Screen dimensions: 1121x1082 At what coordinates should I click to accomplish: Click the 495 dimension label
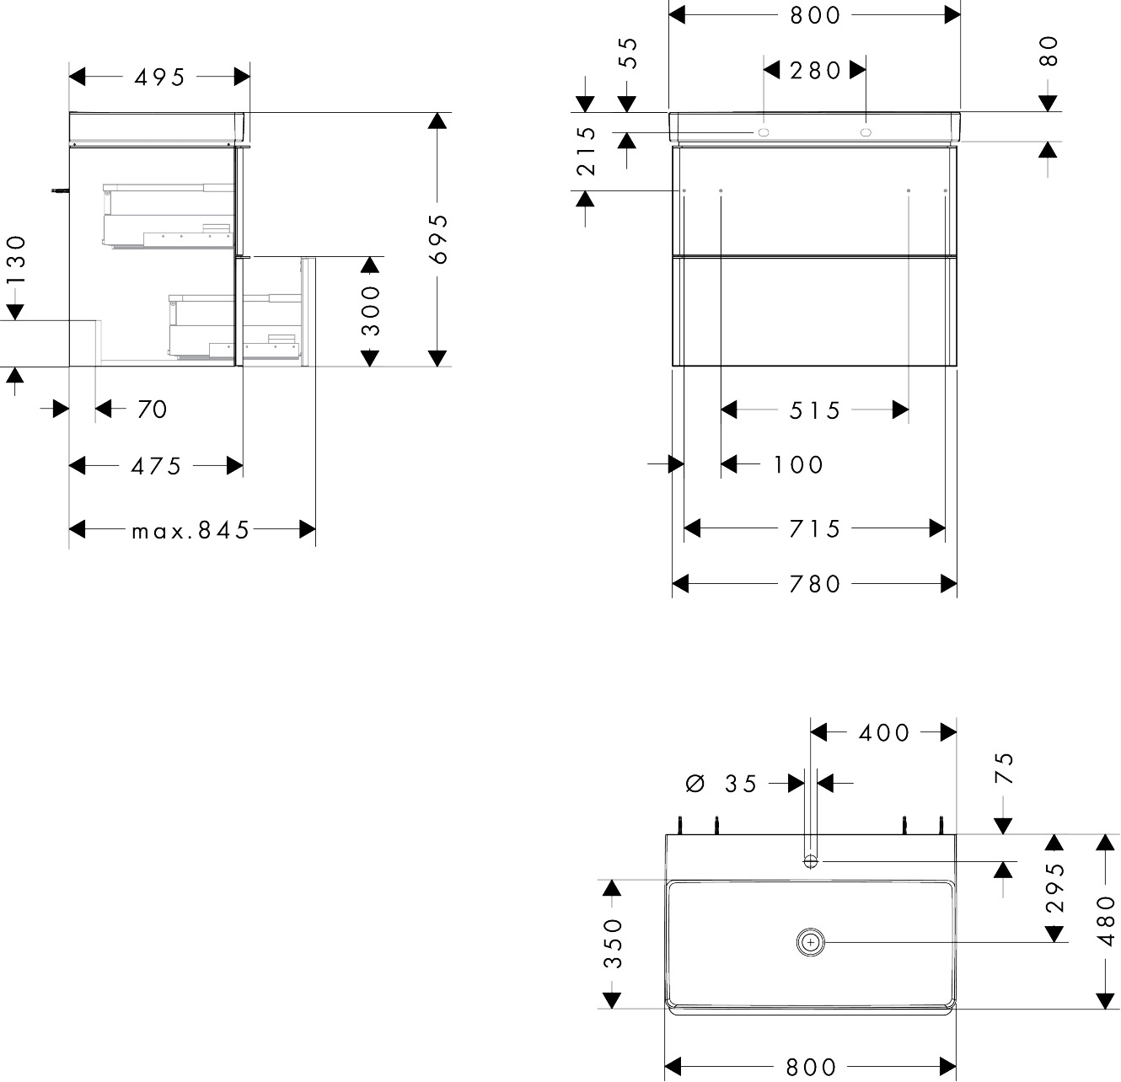(159, 78)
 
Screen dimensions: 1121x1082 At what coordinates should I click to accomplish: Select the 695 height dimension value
(438, 239)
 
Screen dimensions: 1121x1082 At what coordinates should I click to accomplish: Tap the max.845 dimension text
(190, 530)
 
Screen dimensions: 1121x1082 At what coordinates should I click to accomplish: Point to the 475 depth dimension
(156, 467)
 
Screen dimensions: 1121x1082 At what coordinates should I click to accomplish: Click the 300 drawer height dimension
(370, 311)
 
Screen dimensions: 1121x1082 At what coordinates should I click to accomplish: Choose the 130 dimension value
(17, 260)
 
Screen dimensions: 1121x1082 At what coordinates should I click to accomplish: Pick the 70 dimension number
(153, 410)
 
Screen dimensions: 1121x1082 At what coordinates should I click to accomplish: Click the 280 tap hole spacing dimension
(815, 71)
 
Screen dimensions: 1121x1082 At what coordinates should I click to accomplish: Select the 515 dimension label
(815, 411)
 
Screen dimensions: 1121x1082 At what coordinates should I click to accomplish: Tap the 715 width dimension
(815, 529)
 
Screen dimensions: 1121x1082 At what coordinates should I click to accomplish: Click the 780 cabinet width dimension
(815, 585)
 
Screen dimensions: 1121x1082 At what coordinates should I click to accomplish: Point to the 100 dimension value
(798, 465)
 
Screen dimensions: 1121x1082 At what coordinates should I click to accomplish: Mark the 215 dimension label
(587, 152)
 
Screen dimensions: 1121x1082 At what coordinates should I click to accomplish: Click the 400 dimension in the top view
(884, 733)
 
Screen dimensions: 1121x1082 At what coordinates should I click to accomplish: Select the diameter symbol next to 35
(695, 783)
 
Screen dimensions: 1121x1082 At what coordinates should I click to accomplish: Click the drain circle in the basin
(811, 943)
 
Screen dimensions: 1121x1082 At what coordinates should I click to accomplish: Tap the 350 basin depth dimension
(614, 943)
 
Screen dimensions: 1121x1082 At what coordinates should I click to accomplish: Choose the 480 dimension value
(1106, 921)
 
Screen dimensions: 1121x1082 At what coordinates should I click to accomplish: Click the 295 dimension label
(1055, 887)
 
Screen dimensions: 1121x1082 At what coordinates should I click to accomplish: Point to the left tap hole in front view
(764, 132)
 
